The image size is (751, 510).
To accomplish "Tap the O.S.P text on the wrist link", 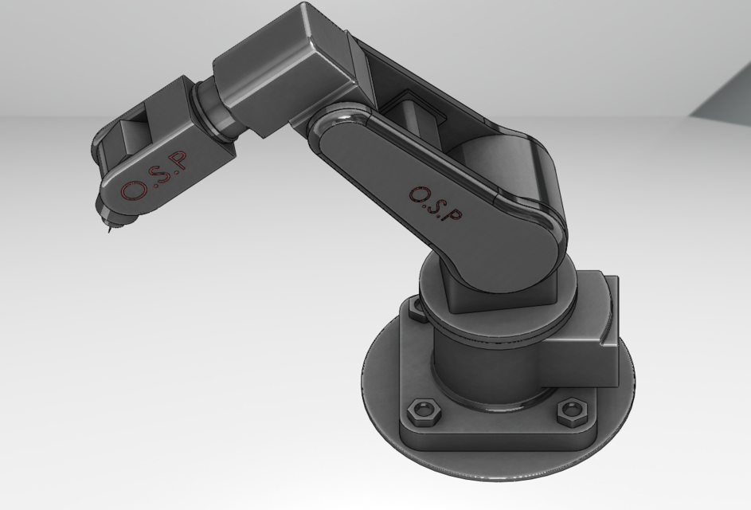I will click(157, 175).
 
